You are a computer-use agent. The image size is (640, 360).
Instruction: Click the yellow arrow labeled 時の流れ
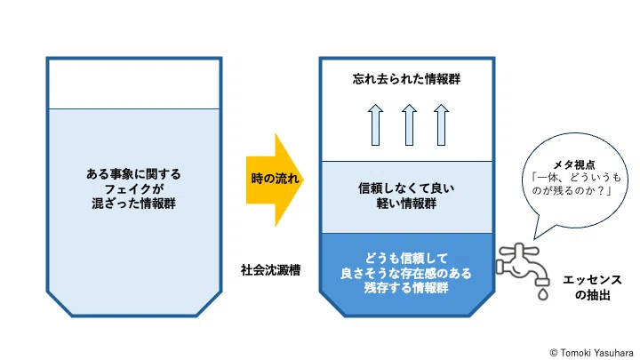coord(275,180)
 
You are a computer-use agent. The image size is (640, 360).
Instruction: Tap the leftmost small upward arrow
coord(375,125)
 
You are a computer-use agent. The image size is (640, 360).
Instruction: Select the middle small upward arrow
coord(409,125)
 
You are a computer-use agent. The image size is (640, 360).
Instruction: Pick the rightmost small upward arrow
coord(441,125)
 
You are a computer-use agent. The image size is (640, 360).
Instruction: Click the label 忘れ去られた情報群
coord(406,79)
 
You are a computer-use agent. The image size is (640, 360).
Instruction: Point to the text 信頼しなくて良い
coord(406,188)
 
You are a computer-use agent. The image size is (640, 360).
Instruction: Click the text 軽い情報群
coord(406,204)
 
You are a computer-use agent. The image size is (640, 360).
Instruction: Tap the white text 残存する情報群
coord(406,288)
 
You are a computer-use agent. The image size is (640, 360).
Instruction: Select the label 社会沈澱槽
coord(270,270)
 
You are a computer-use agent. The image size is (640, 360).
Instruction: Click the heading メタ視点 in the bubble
coord(574,165)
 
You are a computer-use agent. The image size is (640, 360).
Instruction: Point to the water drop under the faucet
coord(542,294)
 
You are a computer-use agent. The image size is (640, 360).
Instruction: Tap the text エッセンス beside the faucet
coord(592,280)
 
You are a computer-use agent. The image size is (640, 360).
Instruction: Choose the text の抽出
coord(592,295)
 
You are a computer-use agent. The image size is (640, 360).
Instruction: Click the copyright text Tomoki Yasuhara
coord(596,353)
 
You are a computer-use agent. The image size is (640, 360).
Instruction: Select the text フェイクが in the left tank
coord(134,189)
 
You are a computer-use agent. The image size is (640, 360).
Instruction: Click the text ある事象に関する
coord(133,174)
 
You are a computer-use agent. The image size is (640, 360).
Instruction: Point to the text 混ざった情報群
coord(133,204)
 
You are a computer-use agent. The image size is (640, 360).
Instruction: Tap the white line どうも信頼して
coord(406,259)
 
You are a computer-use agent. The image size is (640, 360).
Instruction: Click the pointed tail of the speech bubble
coord(535,239)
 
